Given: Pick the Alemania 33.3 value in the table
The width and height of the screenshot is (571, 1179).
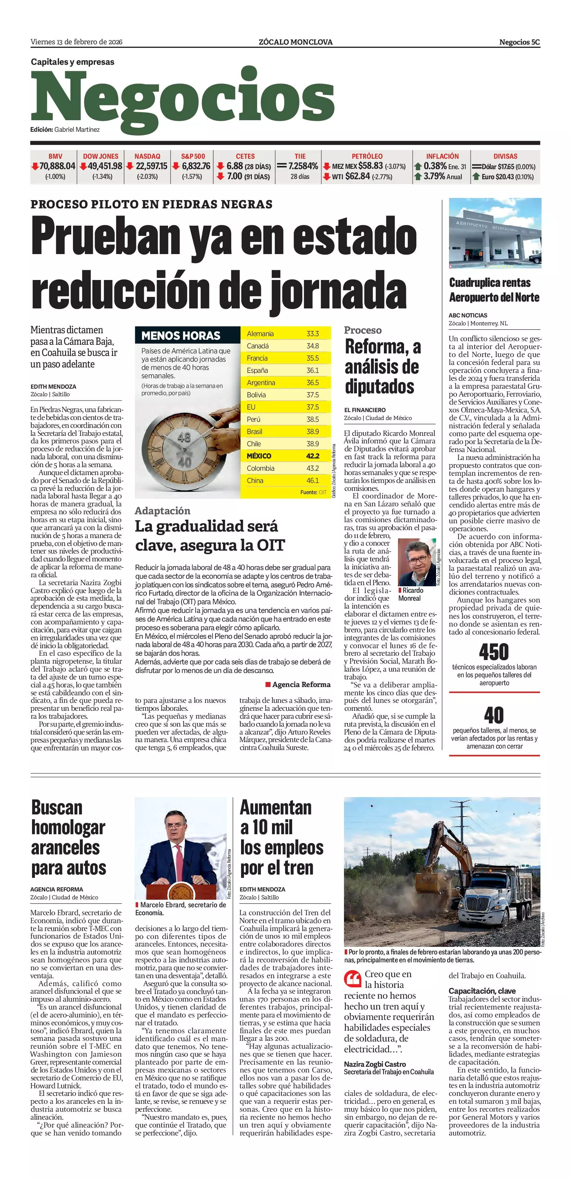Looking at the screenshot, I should pyautogui.click(x=313, y=334).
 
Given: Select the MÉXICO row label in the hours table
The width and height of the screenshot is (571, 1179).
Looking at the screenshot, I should pyautogui.click(x=259, y=456).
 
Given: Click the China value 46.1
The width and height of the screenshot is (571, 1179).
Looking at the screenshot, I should pyautogui.click(x=313, y=480).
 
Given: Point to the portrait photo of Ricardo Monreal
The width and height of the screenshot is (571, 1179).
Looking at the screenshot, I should pyautogui.click(x=416, y=562).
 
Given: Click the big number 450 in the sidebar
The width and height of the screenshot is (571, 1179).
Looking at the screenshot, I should pyautogui.click(x=494, y=651).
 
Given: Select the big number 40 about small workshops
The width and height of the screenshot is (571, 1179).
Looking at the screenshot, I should pyautogui.click(x=494, y=714).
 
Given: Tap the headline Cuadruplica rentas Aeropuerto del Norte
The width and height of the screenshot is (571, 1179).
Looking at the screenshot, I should pyautogui.click(x=494, y=290).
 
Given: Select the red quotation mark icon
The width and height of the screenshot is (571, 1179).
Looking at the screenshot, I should pyautogui.click(x=353, y=980).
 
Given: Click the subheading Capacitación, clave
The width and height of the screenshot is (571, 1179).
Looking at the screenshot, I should pyautogui.click(x=482, y=991).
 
